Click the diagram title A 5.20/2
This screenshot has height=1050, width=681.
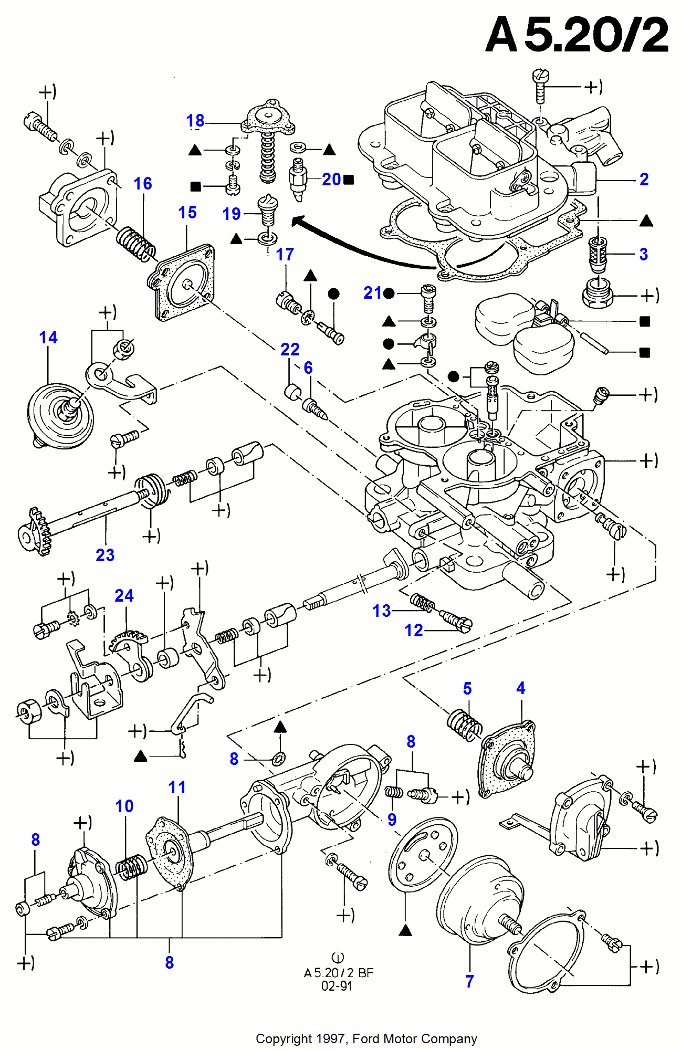point(577,35)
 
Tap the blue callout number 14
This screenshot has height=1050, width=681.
point(48,337)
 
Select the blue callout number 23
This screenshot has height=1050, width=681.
point(105,555)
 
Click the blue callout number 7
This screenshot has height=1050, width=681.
point(469,981)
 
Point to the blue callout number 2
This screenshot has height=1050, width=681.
point(644,180)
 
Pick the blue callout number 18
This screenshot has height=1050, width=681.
point(195,121)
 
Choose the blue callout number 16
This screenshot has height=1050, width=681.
point(143,183)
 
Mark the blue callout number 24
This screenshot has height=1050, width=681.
point(124,595)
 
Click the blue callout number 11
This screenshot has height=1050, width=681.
point(177,787)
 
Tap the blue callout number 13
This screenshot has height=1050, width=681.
point(382,611)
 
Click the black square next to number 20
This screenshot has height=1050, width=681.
point(348,180)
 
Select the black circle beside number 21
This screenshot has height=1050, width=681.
point(389,293)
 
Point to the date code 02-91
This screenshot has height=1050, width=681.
point(337,986)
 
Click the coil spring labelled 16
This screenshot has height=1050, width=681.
point(135,244)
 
